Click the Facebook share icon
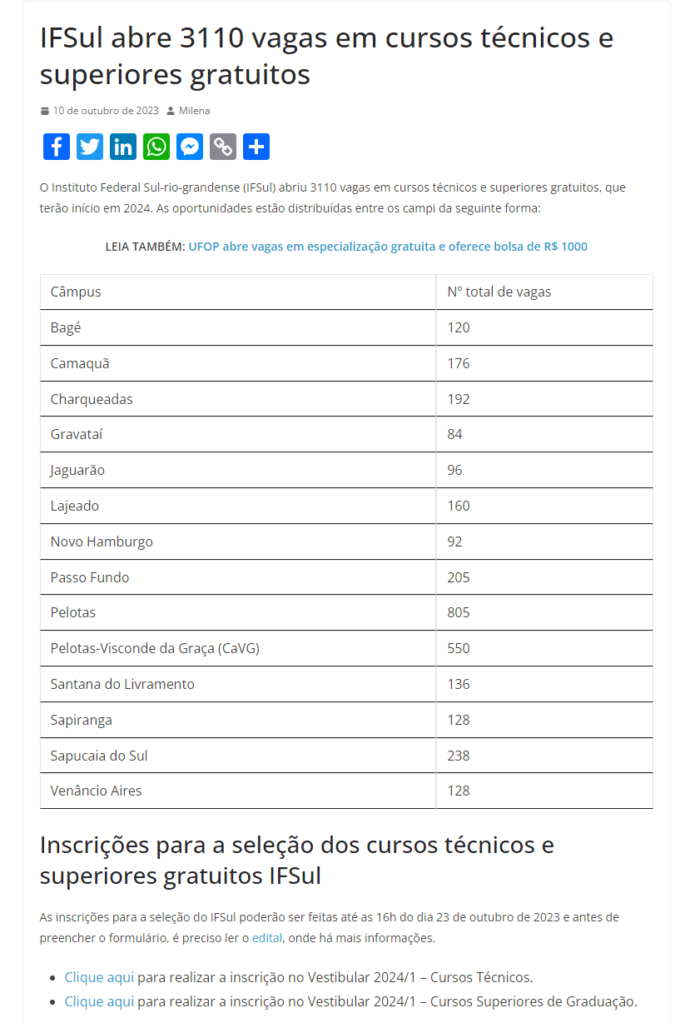[x=57, y=147]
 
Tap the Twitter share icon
[x=90, y=147]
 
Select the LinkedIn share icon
[x=123, y=147]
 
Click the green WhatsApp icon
[x=156, y=147]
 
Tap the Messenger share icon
[x=190, y=147]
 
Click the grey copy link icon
[x=223, y=147]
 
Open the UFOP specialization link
[x=388, y=247]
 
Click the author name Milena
[x=194, y=111]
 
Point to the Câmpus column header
[x=76, y=292]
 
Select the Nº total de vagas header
[x=499, y=292]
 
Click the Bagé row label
[x=66, y=327]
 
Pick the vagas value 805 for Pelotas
[x=459, y=612]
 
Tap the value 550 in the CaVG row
[x=459, y=648]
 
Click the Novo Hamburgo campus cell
[x=102, y=541]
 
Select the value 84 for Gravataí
[x=454, y=434]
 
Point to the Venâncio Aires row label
[x=96, y=791]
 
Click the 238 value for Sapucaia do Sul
[x=459, y=756]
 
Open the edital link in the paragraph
[x=267, y=938]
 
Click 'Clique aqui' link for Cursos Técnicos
[x=99, y=977]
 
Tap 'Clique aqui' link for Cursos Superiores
[x=99, y=1001]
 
